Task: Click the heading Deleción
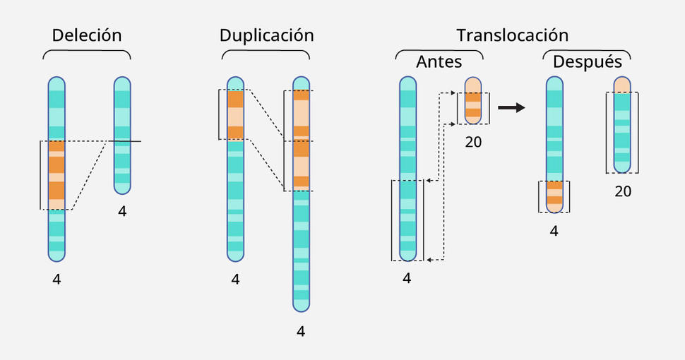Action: (87, 35)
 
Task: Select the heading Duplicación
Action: (266, 35)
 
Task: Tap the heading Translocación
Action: (512, 35)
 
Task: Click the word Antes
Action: (439, 61)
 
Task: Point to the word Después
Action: (587, 61)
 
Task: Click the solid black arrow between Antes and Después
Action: (511, 108)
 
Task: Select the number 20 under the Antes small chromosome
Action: (473, 142)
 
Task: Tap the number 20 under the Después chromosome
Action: (622, 191)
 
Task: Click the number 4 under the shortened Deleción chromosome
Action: (122, 211)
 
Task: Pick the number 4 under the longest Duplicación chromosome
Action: (301, 330)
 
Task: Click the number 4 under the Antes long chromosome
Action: (407, 278)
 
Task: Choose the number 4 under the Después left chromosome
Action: (554, 231)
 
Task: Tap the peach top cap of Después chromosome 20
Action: (622, 85)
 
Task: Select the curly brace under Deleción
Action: (87, 54)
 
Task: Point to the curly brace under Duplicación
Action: (266, 54)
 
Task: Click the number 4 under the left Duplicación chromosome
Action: (235, 280)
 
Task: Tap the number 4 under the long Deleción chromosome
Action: (56, 280)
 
